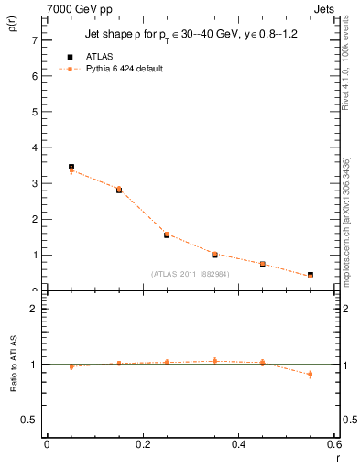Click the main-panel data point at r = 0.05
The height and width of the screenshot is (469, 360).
71,168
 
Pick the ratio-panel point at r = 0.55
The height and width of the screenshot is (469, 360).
311,374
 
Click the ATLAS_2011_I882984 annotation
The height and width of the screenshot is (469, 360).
191,273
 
